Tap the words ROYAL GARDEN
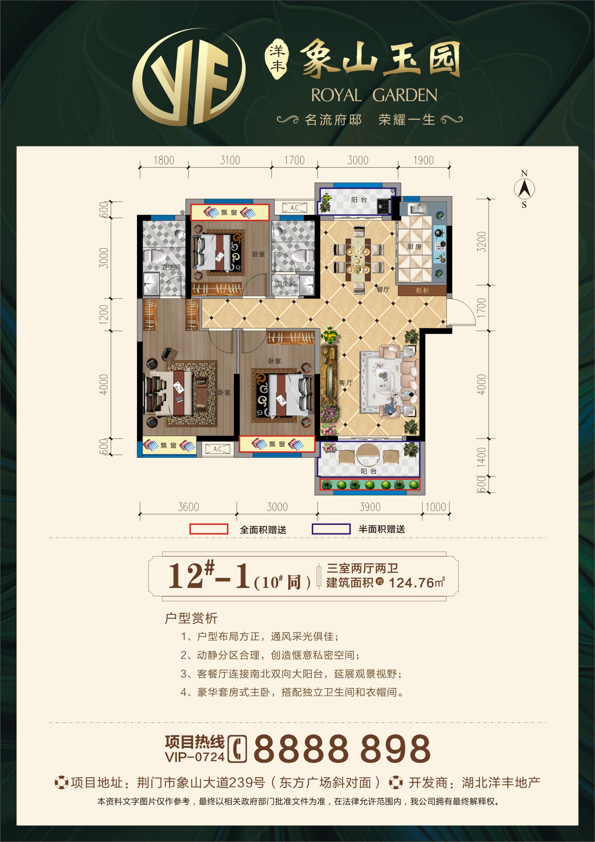coord(374,95)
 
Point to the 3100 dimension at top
coord(230,160)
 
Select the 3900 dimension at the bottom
coord(370,507)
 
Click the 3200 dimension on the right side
coord(481,242)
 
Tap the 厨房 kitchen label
coord(415,246)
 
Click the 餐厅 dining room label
coord(383,289)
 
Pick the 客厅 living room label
coord(346,383)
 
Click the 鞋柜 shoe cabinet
coord(422,290)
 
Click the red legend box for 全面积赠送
coord(209,529)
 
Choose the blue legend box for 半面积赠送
coord(331,529)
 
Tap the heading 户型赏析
coord(191,618)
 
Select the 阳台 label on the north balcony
coord(359,199)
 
